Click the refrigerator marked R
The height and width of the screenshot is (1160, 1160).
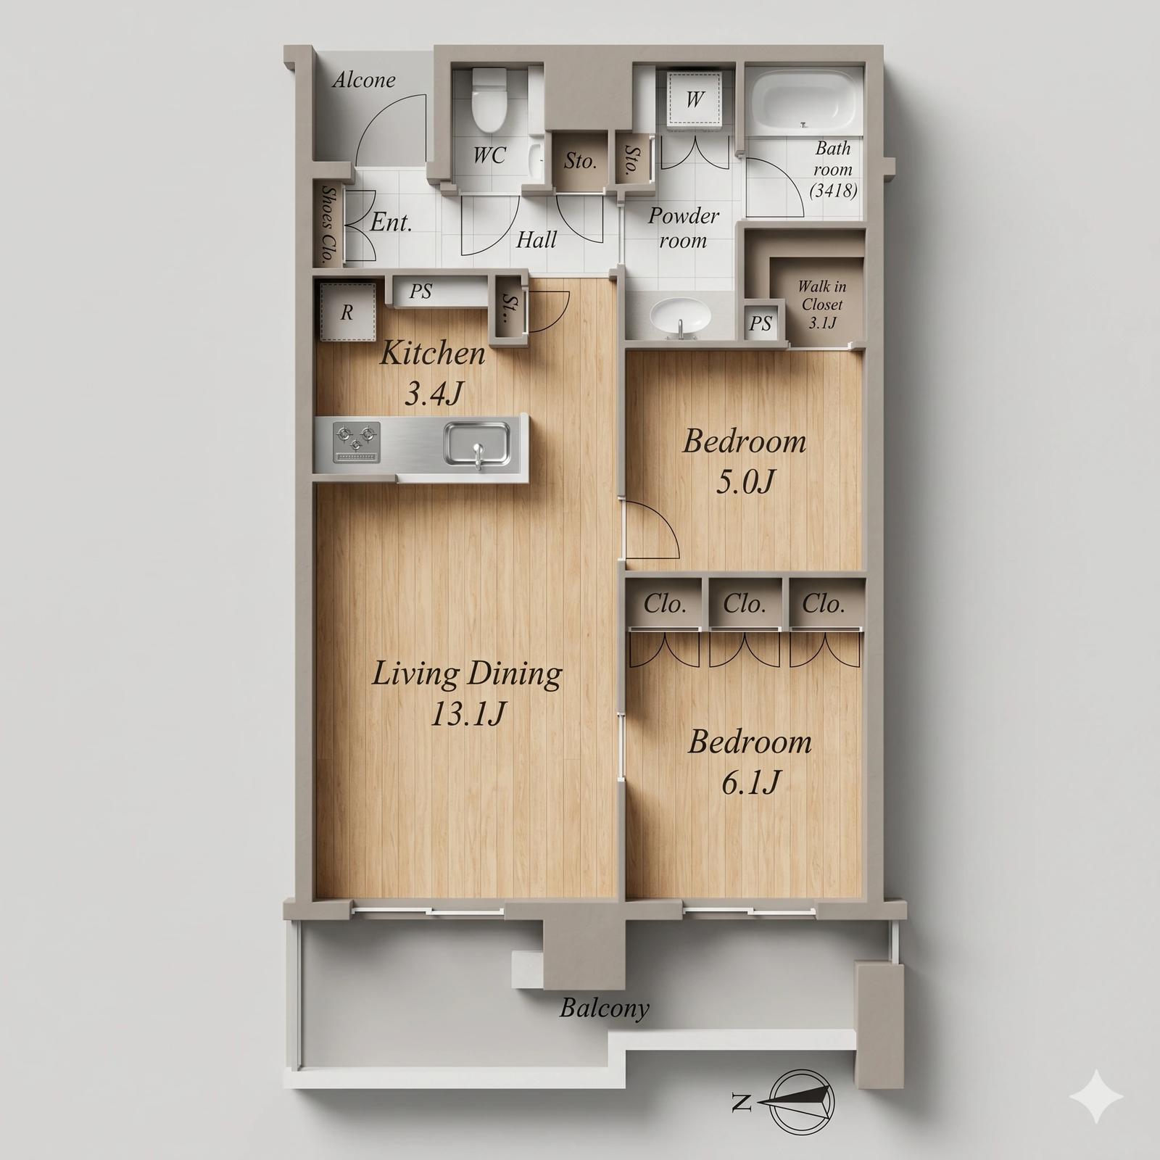(x=347, y=312)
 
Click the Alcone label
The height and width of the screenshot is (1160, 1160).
(x=364, y=80)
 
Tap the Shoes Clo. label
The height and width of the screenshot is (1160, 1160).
(x=328, y=224)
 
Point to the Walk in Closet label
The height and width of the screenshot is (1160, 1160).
(x=821, y=304)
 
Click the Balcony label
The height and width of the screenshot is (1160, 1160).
(x=604, y=1008)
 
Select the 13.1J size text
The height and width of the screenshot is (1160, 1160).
(x=468, y=715)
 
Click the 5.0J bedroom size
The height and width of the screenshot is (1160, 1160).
(x=745, y=481)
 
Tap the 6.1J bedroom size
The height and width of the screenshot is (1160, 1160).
(x=750, y=782)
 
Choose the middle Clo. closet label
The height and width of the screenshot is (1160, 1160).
(x=745, y=604)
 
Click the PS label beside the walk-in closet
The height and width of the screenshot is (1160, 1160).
(x=761, y=323)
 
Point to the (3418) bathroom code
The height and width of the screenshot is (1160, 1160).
(x=833, y=191)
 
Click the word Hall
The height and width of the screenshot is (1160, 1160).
(x=536, y=239)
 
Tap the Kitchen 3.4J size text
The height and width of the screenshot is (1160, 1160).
(x=434, y=394)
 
